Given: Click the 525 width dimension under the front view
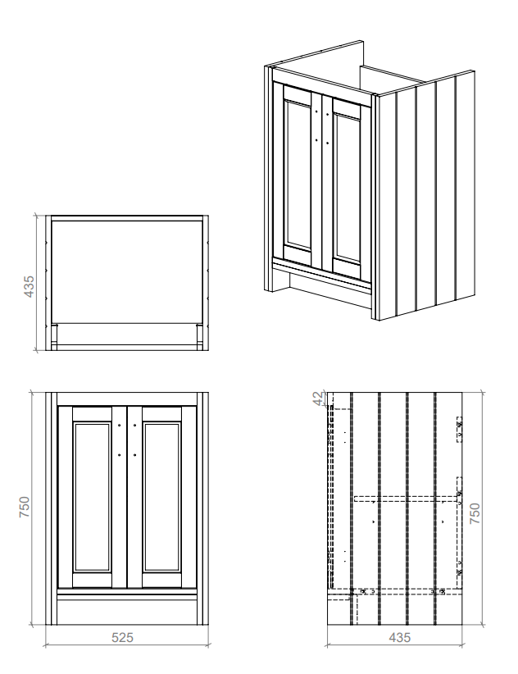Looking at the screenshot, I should (122, 636).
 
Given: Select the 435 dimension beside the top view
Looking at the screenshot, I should (30, 285).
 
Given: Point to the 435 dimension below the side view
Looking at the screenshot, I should (400, 636).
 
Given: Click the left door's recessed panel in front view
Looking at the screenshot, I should (91, 498).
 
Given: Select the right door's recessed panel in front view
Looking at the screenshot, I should (161, 498).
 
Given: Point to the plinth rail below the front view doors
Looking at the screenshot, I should (126, 594).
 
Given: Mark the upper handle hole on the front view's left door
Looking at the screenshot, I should (120, 426).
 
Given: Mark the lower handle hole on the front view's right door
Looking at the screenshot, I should (134, 454).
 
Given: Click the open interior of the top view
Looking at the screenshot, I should (126, 271).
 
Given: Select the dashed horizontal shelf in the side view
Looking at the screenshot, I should (405, 497).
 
